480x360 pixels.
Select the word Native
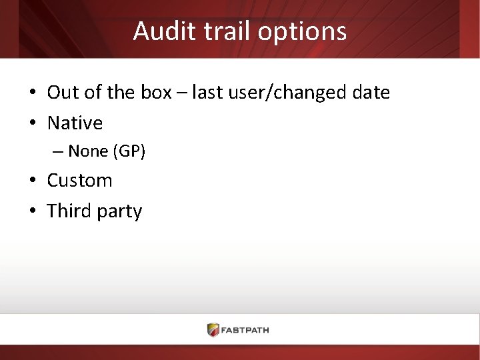coord(75,123)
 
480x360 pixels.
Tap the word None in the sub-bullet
coord(88,151)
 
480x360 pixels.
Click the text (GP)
coord(129,152)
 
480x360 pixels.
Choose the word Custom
coord(79,181)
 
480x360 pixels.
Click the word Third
coord(69,211)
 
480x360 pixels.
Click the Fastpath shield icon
coord(213,330)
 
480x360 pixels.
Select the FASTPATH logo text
coord(246,330)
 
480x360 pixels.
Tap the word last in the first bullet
coord(206,93)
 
